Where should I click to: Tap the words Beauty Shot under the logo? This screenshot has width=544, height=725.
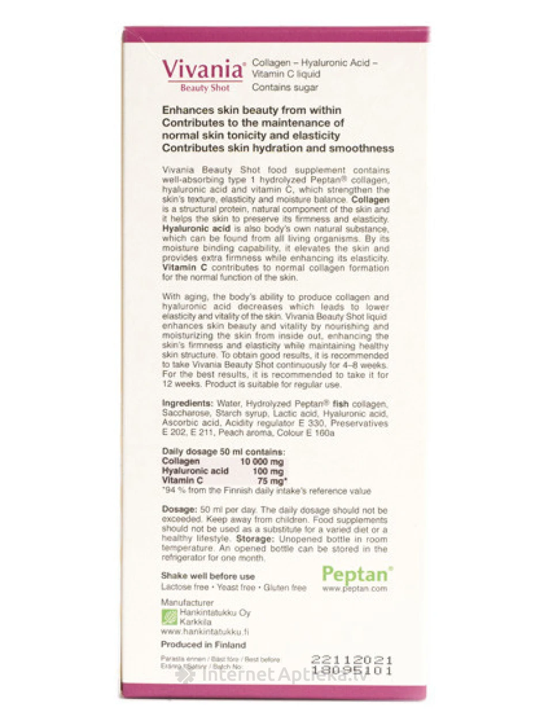(205, 89)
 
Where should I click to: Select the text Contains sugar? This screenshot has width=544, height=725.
(285, 87)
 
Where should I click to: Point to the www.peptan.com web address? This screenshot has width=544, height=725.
(355, 589)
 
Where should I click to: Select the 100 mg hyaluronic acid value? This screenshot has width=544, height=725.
(268, 471)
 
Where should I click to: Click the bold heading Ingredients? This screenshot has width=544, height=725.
(188, 404)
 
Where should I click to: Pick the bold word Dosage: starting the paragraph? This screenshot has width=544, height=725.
(179, 510)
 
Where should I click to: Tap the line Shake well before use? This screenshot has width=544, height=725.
(208, 576)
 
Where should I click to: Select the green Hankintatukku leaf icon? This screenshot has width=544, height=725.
(169, 617)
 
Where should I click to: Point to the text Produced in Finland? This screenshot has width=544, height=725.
(203, 645)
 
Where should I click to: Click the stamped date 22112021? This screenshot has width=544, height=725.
(351, 660)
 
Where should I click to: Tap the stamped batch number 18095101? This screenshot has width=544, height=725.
(351, 670)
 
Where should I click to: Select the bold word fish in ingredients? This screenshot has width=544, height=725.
(341, 404)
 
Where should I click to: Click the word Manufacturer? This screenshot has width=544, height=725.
(187, 602)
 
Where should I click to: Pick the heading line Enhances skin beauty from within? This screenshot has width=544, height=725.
(252, 110)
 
